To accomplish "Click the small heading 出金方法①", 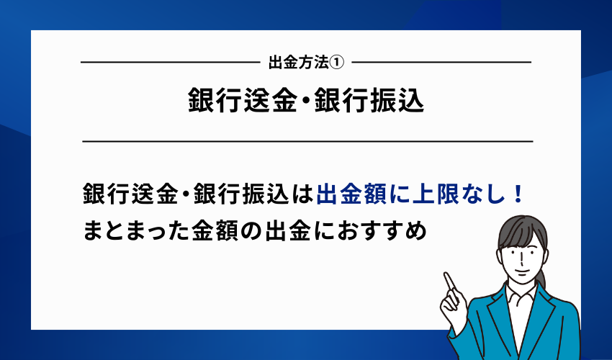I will click(305, 63).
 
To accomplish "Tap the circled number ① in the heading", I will click(338, 63).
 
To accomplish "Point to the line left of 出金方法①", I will click(169, 63).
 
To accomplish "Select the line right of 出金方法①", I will click(439, 63).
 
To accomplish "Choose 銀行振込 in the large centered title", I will click(369, 102).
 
